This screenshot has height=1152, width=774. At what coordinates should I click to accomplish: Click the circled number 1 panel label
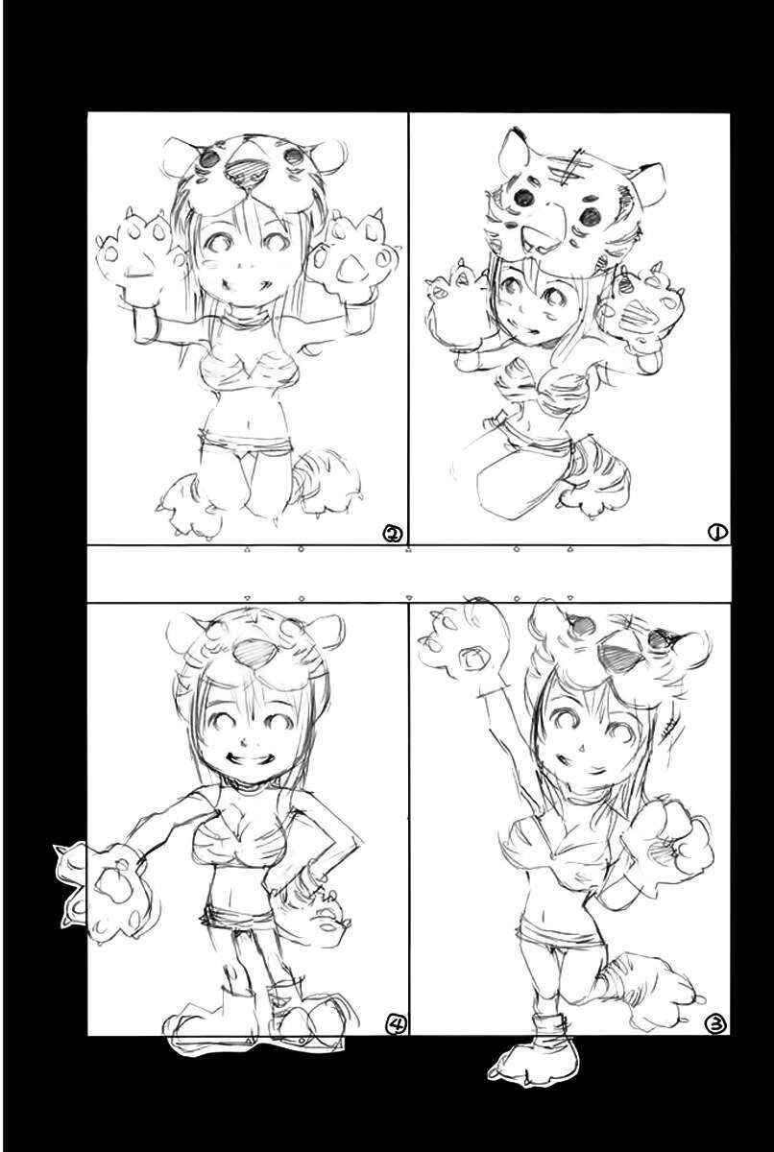click(x=716, y=533)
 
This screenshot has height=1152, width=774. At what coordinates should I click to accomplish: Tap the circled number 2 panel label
click(x=394, y=534)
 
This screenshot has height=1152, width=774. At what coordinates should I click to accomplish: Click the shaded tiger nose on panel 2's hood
click(x=247, y=170)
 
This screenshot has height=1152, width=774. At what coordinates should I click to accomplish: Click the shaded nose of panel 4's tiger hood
click(x=251, y=651)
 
